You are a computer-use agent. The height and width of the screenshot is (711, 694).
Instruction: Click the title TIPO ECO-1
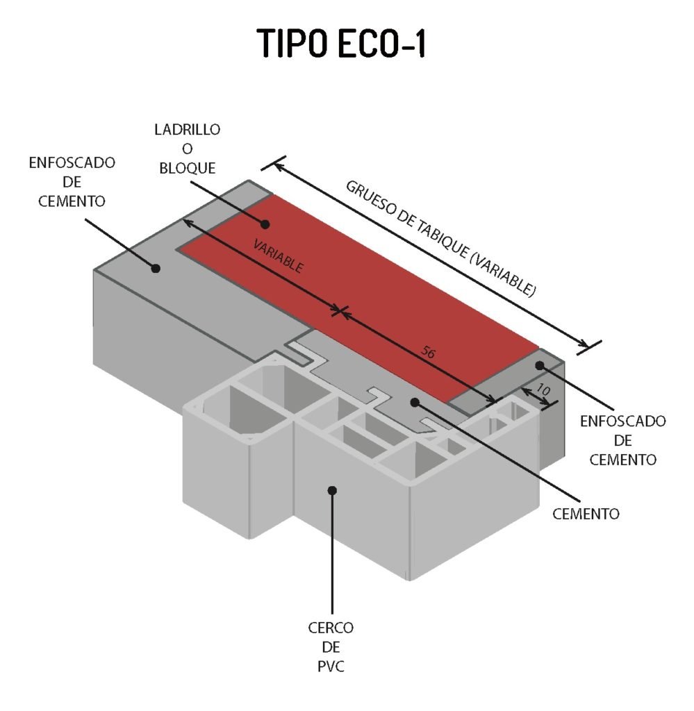click(x=341, y=44)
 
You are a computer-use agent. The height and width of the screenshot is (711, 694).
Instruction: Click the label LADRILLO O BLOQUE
click(x=188, y=149)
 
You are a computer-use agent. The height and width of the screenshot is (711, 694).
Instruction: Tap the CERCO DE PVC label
click(x=331, y=647)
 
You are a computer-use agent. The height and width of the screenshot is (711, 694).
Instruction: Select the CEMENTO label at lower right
click(x=586, y=514)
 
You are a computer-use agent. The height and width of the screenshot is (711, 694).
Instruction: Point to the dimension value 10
click(x=543, y=390)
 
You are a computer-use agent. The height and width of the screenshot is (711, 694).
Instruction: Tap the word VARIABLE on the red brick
click(x=278, y=256)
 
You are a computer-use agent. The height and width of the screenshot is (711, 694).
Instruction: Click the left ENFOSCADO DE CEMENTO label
click(x=72, y=182)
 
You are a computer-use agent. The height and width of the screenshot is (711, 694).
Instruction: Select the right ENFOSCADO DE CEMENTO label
click(x=622, y=440)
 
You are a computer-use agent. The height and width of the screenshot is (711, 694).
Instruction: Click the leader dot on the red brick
click(x=265, y=224)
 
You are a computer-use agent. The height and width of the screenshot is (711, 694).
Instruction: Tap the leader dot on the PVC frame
click(x=332, y=490)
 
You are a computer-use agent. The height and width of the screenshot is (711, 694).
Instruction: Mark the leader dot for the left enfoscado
click(x=156, y=268)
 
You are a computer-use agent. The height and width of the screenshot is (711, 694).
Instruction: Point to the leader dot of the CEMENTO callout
click(x=415, y=402)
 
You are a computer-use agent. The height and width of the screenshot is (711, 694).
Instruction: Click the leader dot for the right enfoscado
click(x=539, y=365)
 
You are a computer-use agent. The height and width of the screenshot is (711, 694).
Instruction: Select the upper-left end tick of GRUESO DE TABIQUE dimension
click(x=274, y=163)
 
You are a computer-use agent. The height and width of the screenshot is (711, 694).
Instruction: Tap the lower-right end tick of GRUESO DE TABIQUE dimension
click(x=589, y=347)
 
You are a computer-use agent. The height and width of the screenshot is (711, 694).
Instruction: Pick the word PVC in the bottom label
click(x=331, y=667)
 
